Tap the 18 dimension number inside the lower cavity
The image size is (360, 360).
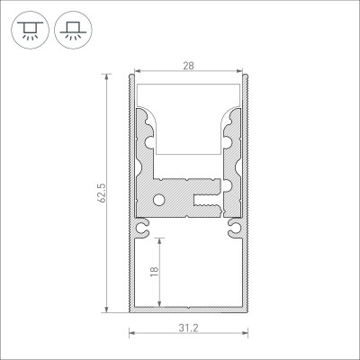155,273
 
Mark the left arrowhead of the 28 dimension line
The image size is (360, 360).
136,71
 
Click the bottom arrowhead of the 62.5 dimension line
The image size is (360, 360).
111,312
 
